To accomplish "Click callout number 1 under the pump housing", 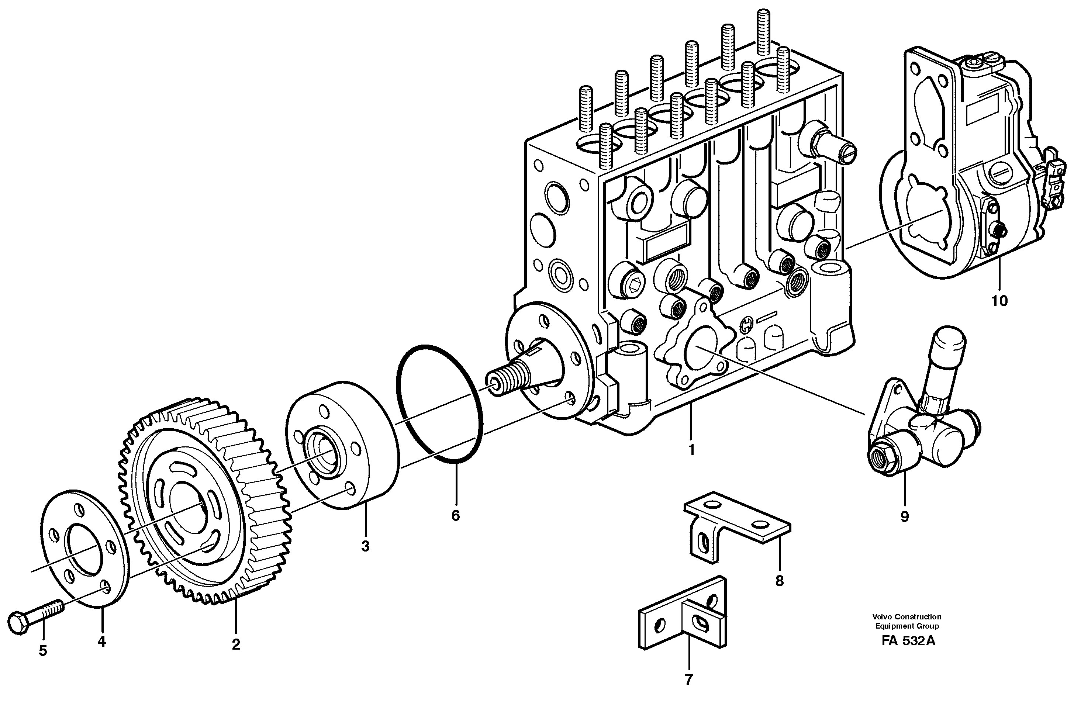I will [691, 449].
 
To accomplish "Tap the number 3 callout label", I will [365, 546].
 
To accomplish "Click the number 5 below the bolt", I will [42, 651].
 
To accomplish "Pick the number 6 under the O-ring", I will [455, 516].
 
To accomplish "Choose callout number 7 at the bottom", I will [688, 679].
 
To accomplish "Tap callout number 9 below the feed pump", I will [904, 517].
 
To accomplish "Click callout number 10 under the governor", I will [999, 301].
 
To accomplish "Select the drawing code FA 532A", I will [908, 641].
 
